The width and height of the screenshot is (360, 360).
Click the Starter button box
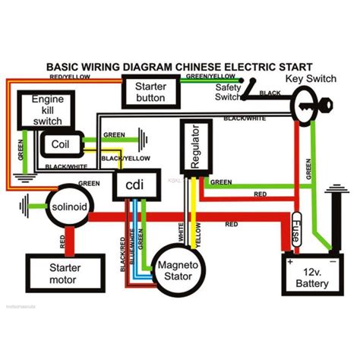coord(152,92)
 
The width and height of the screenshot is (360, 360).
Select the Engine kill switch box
coord(47,110)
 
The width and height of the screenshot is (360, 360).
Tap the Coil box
coord(58,144)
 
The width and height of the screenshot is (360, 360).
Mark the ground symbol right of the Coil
coord(140,139)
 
